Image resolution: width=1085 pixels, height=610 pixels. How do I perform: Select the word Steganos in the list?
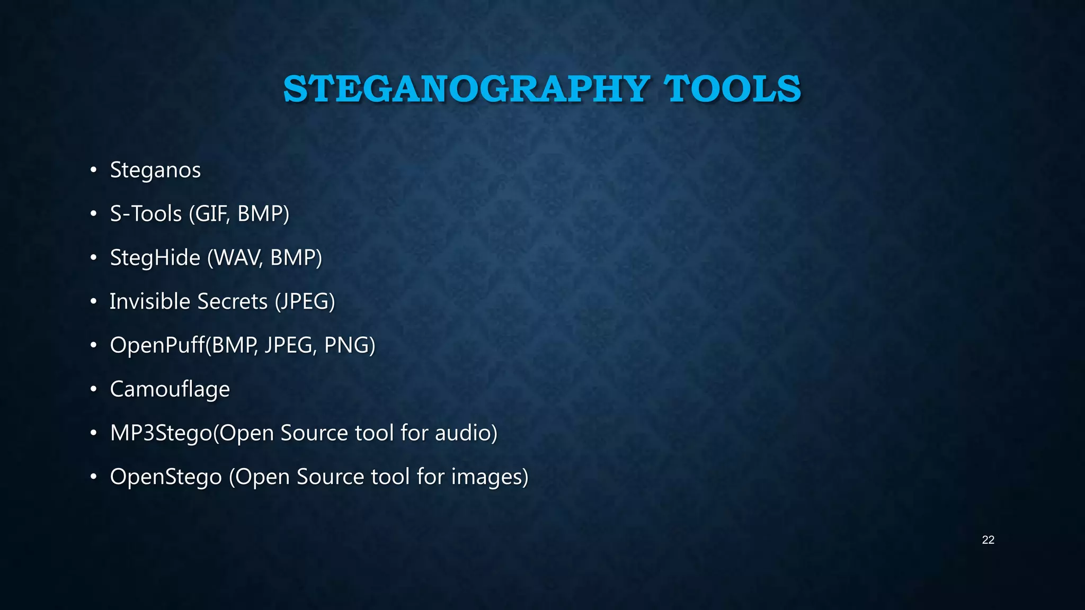155,170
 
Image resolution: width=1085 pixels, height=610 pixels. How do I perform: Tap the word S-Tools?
146,213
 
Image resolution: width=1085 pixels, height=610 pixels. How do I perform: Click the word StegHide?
155,258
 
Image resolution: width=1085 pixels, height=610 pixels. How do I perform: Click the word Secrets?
233,301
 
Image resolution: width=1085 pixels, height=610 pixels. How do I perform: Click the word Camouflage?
170,389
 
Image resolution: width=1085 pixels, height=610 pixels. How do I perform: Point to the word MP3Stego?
161,433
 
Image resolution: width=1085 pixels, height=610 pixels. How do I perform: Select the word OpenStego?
166,477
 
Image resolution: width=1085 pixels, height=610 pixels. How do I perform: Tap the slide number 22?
988,540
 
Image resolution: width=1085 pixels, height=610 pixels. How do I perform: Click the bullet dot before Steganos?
93,170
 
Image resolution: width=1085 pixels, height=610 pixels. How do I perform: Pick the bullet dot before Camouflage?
93,389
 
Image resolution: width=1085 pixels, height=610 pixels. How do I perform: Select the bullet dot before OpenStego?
93,477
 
